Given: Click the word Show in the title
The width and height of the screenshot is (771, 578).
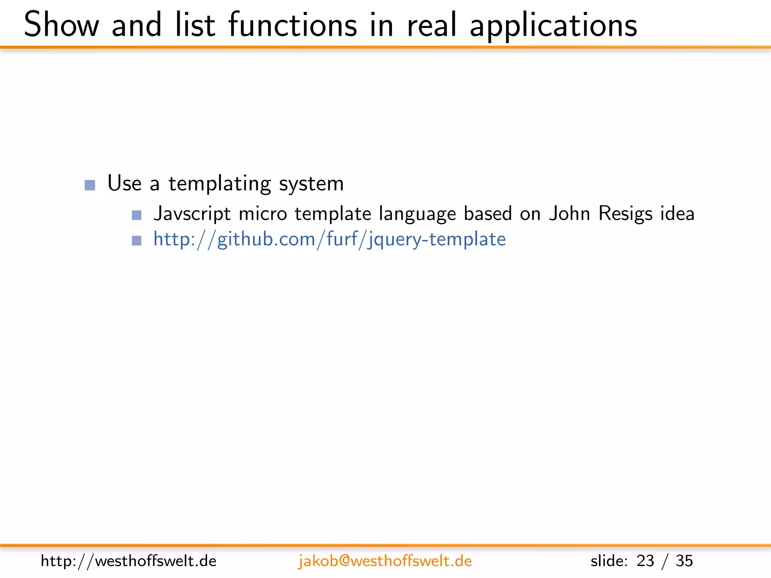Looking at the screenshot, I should (61, 25).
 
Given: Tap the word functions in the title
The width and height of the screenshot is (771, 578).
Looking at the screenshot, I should (293, 25).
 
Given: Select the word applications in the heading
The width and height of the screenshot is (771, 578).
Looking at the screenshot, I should (553, 26).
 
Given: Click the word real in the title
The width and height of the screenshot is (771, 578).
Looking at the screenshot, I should (432, 25).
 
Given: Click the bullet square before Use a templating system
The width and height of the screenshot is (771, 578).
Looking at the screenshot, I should (90, 185).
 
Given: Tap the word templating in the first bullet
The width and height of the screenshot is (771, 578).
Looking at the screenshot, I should (219, 184).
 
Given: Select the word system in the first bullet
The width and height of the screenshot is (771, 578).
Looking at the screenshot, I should (311, 184).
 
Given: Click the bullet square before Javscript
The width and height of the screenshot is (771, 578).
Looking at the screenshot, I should (137, 215).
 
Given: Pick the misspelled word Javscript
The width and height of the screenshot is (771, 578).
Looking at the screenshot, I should (192, 214).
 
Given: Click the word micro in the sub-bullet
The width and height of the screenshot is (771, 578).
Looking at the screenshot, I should (263, 214).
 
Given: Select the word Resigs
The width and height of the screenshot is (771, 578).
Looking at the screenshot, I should (625, 214).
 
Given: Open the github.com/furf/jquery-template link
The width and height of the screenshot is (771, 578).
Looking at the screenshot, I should (329, 239).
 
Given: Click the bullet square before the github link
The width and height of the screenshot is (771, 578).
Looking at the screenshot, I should (137, 240).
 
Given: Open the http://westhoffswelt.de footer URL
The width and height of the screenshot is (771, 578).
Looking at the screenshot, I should (128, 561).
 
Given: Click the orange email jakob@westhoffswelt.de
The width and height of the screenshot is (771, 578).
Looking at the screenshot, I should (385, 561).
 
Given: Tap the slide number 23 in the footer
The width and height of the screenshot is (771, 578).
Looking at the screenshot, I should (645, 561).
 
